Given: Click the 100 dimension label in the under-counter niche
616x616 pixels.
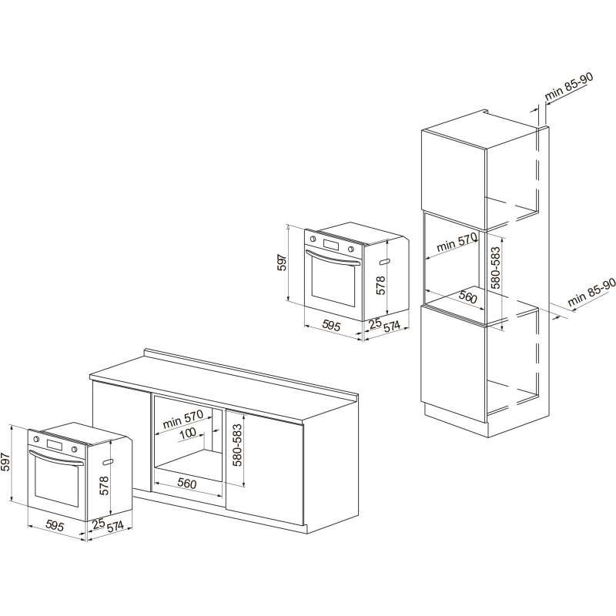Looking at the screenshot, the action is tap(187, 434).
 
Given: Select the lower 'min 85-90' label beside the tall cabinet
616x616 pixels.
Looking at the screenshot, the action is tap(591, 293).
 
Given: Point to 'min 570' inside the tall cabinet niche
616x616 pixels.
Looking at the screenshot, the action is tap(456, 242).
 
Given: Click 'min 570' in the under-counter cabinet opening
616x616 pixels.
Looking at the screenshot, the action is tap(182, 419).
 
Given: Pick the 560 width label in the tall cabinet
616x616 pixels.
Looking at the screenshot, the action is tap(467, 296).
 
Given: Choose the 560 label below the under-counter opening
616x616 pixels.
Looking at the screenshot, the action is tap(186, 483).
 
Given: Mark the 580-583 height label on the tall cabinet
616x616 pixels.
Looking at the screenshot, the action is tap(497, 267).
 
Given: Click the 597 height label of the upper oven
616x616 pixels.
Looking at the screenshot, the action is tap(283, 263).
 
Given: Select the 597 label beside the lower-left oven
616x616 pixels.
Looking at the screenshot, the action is tap(6, 463).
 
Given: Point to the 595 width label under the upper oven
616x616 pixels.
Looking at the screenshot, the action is tap(331, 325).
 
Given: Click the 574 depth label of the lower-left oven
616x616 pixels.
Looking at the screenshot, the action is tap(115, 527).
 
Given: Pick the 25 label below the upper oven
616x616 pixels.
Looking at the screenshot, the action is tap(376, 323).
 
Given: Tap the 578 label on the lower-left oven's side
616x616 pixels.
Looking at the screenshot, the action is tap(104, 485).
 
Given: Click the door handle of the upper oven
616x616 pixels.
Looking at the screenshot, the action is tap(333, 258).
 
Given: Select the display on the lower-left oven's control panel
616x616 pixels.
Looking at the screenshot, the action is tap(54, 446).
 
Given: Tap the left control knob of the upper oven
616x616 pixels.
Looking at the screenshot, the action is tap(313, 239).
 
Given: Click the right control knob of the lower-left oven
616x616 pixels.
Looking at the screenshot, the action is tap(73, 450).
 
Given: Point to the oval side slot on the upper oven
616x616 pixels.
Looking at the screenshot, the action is tap(384, 261).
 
